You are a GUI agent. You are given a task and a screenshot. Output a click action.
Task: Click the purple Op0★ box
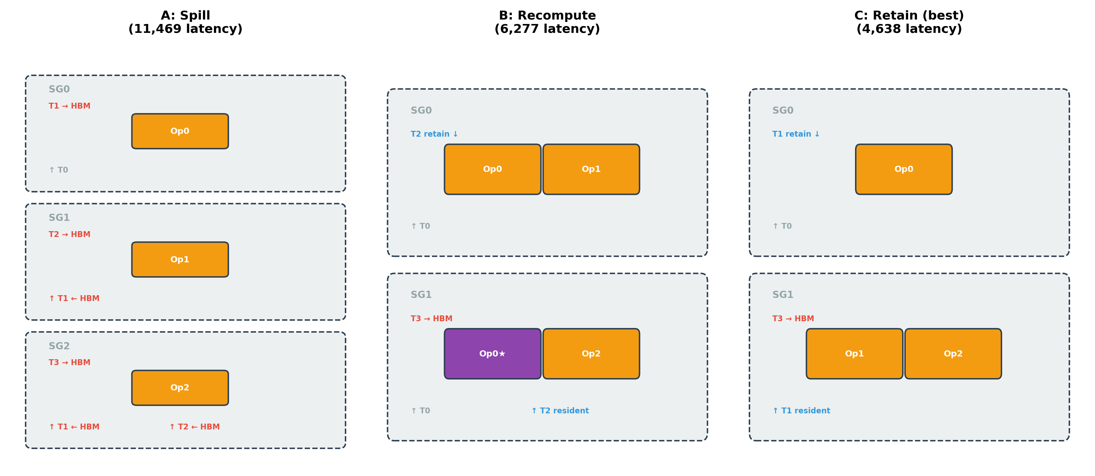point(492,353)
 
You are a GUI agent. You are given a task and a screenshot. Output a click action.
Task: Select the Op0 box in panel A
point(180,131)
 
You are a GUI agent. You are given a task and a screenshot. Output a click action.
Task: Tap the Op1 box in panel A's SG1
point(180,259)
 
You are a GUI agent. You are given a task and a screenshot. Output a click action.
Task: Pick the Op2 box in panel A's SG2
point(180,387)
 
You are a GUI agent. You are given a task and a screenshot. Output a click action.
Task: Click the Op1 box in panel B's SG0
point(591,169)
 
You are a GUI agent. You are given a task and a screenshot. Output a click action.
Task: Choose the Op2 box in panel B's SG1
point(591,353)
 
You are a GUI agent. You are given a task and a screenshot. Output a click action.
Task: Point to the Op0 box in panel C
point(903,169)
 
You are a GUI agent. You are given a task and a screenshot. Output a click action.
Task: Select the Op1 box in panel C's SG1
point(854,353)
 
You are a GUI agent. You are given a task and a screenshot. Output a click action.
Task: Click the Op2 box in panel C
point(953,353)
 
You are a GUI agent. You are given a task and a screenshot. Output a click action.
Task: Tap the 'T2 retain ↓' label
point(434,134)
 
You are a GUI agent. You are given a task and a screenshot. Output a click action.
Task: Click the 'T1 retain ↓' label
point(796,134)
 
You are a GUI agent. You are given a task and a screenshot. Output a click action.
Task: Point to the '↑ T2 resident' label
point(560,411)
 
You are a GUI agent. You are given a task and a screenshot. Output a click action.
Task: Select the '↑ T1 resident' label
point(801,411)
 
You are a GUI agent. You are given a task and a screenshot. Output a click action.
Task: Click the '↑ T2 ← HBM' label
point(194,427)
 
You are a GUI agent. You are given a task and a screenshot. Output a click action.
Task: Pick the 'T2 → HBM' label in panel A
point(69,234)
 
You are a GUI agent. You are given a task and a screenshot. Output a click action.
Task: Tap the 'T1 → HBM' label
point(69,106)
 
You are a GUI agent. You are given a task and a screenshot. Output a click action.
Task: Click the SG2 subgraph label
point(59,346)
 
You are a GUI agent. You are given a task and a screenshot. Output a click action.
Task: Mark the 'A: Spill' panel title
point(185,15)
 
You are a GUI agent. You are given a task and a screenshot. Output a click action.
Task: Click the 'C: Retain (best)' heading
point(909,15)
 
